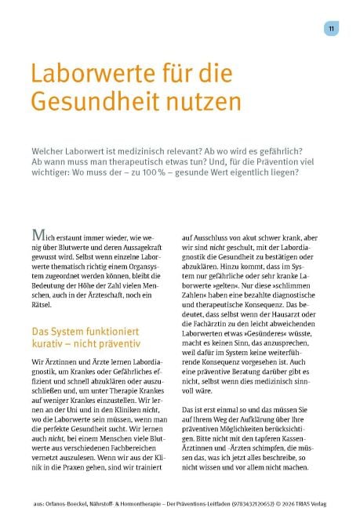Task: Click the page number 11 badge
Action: coord(333,28)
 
